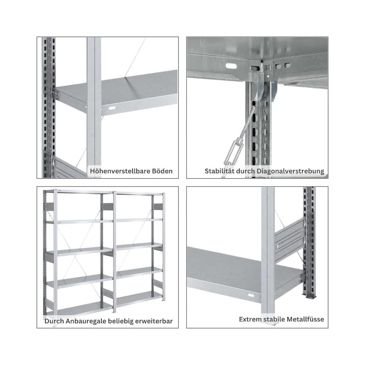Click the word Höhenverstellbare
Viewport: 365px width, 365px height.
[x=120, y=171]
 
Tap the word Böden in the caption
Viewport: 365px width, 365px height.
[x=162, y=171]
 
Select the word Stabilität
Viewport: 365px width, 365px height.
[x=219, y=171]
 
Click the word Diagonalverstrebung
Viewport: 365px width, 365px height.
[x=290, y=171]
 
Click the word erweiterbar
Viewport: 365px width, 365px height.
[x=154, y=321]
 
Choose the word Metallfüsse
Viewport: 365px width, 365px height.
[x=305, y=319]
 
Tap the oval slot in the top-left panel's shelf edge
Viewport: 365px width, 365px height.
[x=112, y=108]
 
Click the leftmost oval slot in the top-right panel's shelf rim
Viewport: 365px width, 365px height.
[x=231, y=66]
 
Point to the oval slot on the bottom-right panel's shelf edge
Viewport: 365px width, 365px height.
[x=251, y=295]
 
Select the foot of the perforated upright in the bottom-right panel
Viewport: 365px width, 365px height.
[x=310, y=296]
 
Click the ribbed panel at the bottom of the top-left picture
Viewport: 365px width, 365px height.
[x=69, y=168]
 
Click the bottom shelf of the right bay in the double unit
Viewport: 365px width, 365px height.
[x=139, y=299]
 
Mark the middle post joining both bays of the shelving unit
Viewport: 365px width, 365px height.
[x=115, y=252]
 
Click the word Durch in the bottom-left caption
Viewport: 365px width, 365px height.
[x=54, y=321]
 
